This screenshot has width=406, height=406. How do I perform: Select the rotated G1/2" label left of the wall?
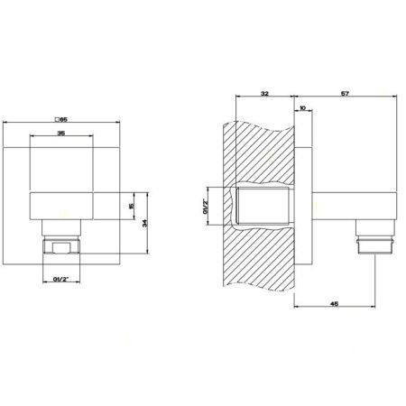206,207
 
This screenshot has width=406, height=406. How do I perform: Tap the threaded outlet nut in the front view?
60,246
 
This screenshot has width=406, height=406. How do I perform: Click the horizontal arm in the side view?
338,208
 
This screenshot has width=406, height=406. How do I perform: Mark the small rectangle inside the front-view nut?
63,246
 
